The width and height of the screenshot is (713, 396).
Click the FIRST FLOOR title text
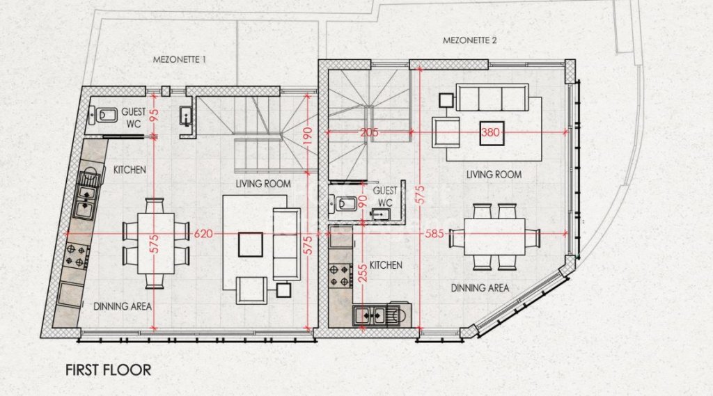click(108, 370)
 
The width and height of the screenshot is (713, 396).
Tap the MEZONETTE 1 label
click(179, 60)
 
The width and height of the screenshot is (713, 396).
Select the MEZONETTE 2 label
click(470, 40)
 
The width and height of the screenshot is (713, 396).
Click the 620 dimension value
click(203, 234)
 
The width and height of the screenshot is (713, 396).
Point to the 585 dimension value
click(434, 234)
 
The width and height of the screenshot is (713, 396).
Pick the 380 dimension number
click(490, 132)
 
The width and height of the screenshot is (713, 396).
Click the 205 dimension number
click(369, 132)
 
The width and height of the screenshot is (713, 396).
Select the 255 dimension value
click(362, 274)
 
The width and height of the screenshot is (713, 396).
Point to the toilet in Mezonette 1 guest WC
click(103, 116)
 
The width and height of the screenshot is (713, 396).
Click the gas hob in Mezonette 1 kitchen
click(77, 256)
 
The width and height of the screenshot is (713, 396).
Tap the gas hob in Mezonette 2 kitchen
click(340, 276)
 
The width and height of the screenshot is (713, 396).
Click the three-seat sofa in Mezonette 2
click(493, 97)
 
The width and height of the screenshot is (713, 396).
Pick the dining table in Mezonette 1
click(156, 244)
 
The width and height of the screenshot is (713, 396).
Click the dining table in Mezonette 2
click(495, 237)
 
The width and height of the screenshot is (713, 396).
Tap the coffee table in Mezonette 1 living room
click(251, 244)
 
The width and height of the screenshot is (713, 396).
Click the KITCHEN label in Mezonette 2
click(386, 265)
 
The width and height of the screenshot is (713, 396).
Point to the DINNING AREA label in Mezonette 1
click(123, 306)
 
